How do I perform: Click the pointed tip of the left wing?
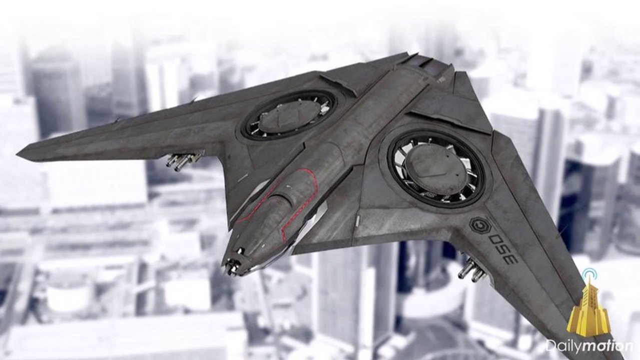[x=18, y=155]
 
